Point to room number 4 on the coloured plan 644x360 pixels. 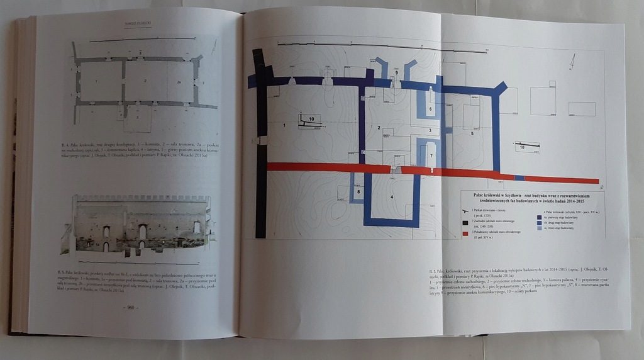click(391, 197)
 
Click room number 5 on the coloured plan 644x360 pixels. click(471, 133)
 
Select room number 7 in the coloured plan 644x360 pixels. click(431, 155)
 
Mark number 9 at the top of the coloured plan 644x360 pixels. click(397, 73)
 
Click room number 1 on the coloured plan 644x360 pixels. click(285, 127)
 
